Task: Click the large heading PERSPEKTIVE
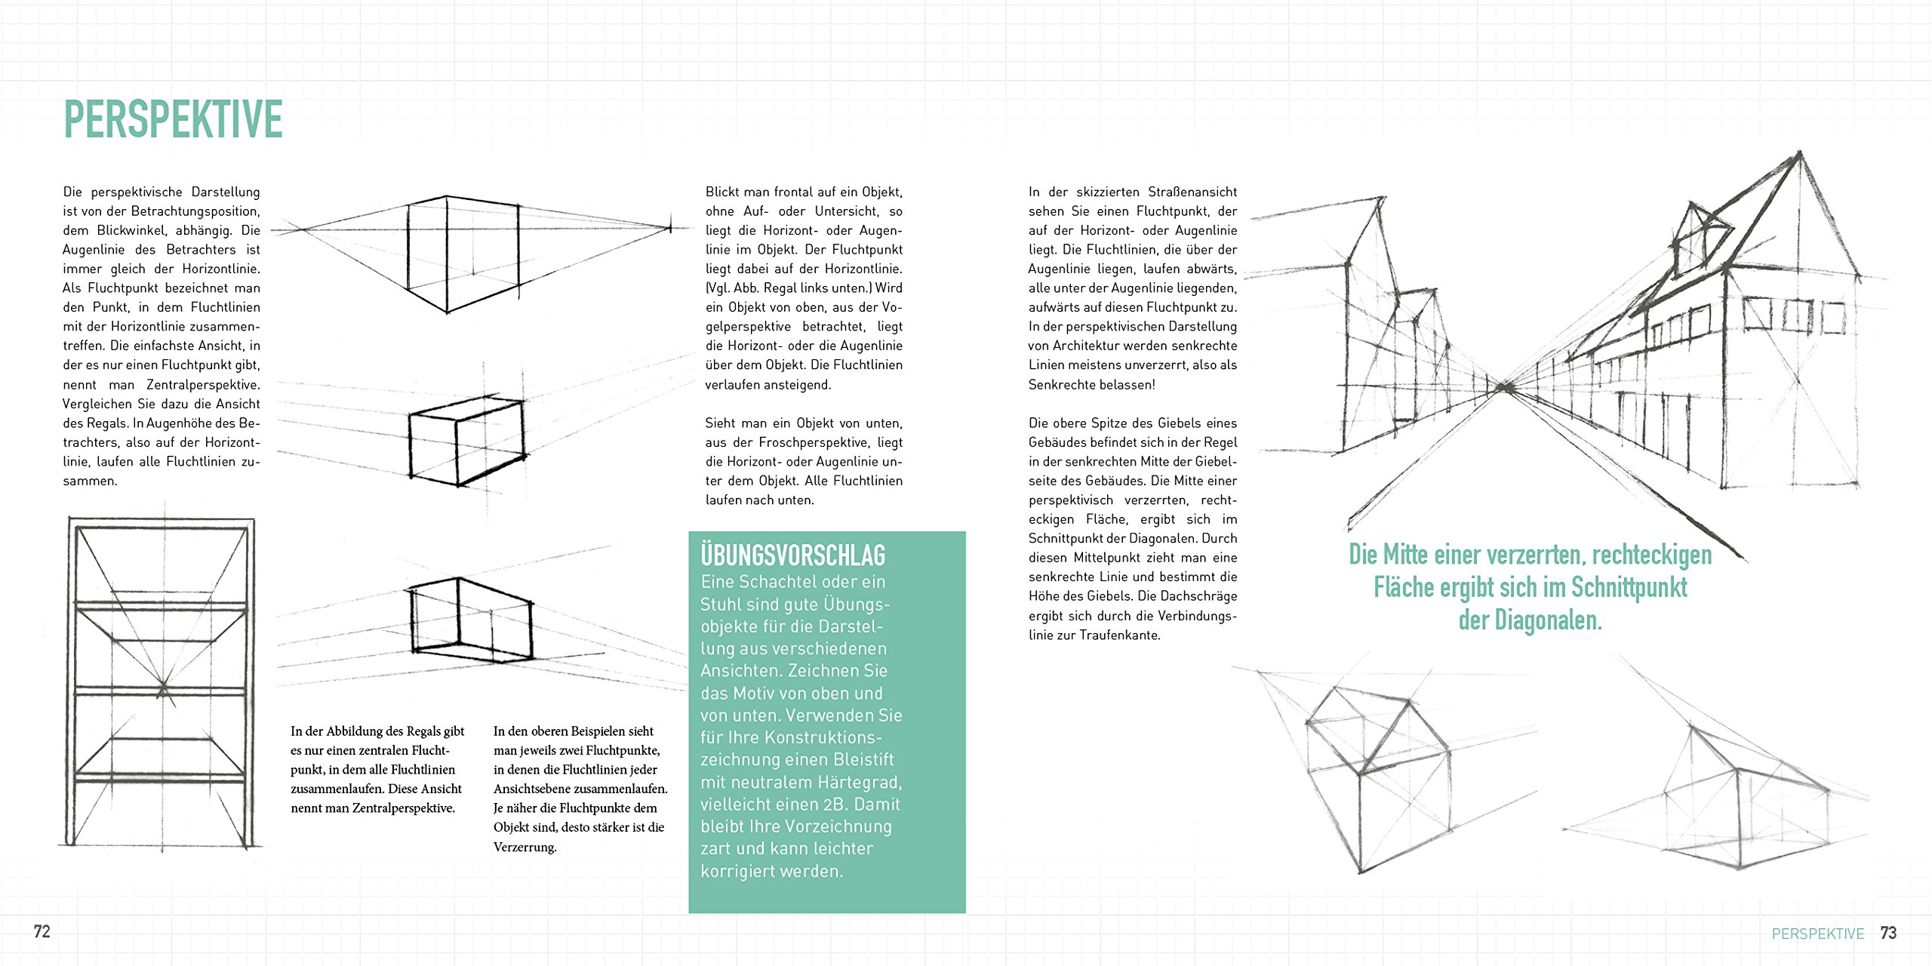tap(173, 119)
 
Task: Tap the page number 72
tap(42, 931)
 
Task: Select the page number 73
tap(1888, 933)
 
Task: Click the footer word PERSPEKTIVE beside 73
tap(1817, 934)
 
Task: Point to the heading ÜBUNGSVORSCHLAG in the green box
tap(792, 555)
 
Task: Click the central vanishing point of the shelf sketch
tap(163, 688)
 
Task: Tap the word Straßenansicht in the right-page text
tap(1192, 192)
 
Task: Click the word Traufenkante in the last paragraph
tap(1119, 635)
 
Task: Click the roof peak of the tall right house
tap(1800, 154)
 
